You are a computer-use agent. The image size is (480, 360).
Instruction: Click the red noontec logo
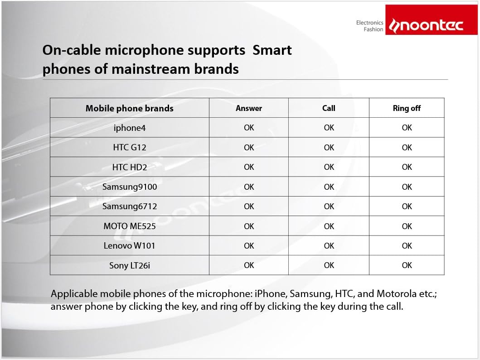pos(432,19)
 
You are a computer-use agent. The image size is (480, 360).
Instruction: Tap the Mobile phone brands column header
pos(130,108)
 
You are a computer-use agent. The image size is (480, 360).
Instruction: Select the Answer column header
pos(249,108)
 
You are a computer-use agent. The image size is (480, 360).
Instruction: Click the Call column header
pos(329,108)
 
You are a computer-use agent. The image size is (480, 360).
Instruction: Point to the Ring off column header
pos(407,108)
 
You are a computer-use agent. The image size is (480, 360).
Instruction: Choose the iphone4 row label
pos(130,128)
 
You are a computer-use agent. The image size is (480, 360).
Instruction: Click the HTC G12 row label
pos(130,148)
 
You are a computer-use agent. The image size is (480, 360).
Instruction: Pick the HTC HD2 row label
pos(130,167)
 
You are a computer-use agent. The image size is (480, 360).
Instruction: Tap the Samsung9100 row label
pos(130,187)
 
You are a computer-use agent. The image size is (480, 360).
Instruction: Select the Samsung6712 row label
pos(130,206)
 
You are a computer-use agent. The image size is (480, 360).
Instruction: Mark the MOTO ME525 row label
pos(130,226)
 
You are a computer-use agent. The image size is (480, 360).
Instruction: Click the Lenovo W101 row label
pos(130,245)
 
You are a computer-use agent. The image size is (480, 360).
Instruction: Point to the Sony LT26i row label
pos(130,265)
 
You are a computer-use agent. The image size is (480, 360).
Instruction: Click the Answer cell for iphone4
pos(249,128)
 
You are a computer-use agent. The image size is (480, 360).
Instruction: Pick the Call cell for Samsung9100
pos(329,187)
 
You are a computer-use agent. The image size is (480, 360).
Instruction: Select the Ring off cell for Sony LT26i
pos(407,265)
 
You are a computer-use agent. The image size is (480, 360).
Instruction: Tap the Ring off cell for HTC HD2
pos(407,167)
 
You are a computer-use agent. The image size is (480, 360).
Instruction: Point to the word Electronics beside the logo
pos(369,23)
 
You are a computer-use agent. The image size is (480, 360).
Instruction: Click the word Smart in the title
pos(272,50)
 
